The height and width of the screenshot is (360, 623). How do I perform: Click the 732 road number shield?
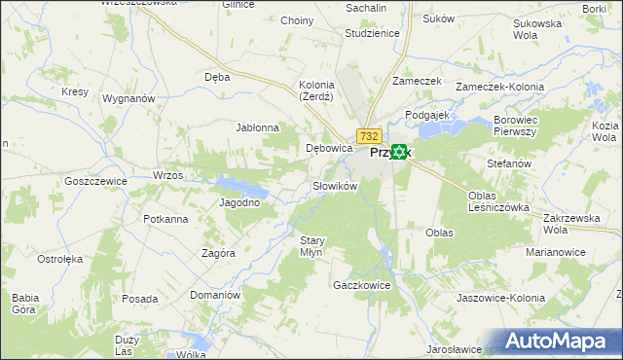click(368, 136)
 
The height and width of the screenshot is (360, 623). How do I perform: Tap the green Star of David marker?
click(399, 152)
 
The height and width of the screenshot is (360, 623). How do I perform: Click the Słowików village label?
click(336, 185)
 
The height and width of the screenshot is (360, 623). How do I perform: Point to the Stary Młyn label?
click(311, 246)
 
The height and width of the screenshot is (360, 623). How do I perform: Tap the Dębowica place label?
click(328, 149)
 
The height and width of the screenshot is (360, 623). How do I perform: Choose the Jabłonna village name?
click(258, 127)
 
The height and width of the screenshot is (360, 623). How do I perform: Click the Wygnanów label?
click(129, 99)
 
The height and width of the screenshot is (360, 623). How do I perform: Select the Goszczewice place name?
click(95, 181)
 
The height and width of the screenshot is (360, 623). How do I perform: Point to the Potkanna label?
click(165, 219)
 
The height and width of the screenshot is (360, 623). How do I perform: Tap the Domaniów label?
click(215, 294)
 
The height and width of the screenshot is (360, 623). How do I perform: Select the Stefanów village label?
click(509, 164)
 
